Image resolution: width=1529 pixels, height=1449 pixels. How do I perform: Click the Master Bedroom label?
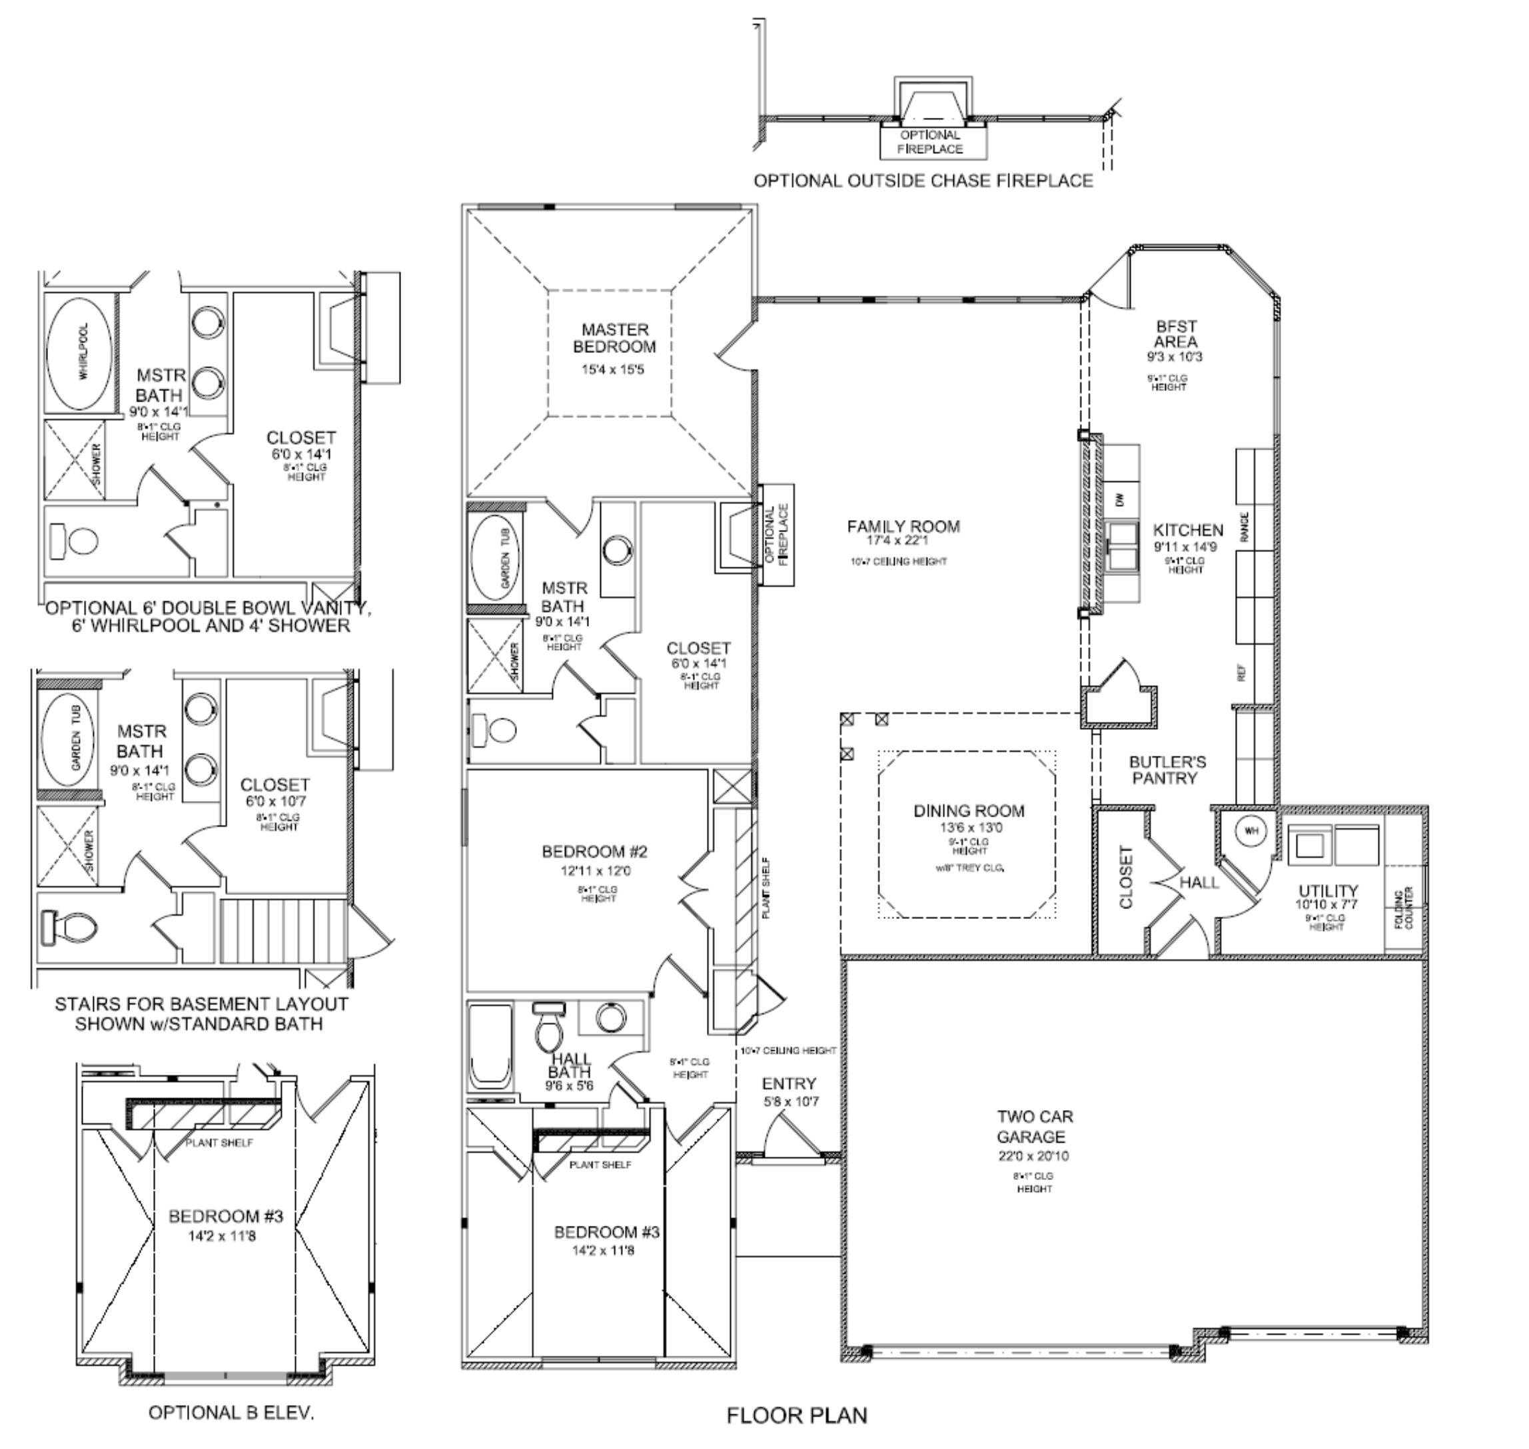(x=615, y=338)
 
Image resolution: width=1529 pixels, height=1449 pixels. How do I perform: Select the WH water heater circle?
(x=1251, y=831)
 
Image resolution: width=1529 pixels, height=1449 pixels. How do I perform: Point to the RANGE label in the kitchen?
(x=1245, y=527)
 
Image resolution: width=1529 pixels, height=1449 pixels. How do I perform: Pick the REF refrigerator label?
(x=1243, y=673)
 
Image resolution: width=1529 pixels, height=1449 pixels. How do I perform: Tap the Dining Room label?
(x=969, y=811)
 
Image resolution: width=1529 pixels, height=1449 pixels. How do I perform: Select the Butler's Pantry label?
(x=1167, y=770)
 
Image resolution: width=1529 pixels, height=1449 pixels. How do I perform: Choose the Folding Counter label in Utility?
(x=1404, y=909)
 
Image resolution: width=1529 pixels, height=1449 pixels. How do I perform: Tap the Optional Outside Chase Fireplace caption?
(x=923, y=180)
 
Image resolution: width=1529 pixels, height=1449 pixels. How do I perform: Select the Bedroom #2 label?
(x=594, y=852)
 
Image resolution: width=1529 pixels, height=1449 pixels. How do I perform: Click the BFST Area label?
(x=1176, y=334)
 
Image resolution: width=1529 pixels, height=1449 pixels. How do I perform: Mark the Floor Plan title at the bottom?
(x=797, y=1415)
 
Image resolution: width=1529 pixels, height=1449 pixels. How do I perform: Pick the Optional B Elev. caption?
(x=231, y=1412)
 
